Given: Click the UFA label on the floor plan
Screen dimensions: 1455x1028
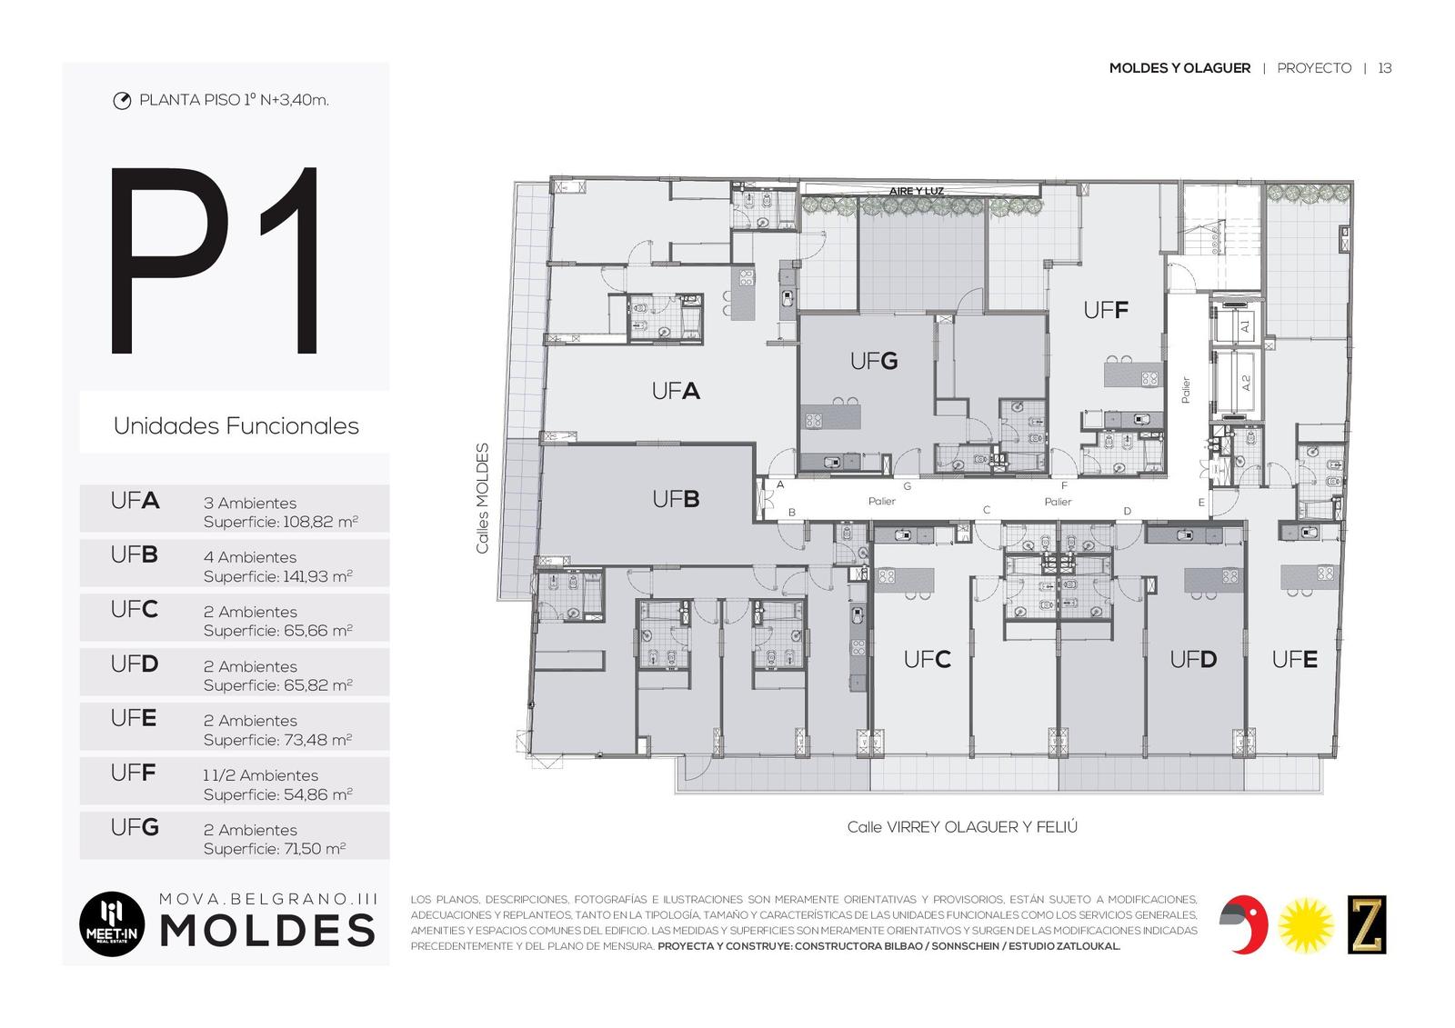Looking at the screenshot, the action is pyautogui.click(x=676, y=391).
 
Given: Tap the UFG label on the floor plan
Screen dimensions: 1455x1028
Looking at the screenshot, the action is pyautogui.click(x=874, y=361).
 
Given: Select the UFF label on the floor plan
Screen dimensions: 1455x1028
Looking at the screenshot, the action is pyautogui.click(x=1106, y=311).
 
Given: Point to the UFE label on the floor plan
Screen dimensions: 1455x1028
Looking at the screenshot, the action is pyautogui.click(x=1295, y=660).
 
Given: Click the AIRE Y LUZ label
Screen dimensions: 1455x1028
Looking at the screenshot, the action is pyautogui.click(x=917, y=191).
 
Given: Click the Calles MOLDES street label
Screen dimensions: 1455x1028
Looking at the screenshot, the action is pyautogui.click(x=482, y=499).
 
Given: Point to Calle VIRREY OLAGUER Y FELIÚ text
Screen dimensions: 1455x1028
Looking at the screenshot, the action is pyautogui.click(x=962, y=827).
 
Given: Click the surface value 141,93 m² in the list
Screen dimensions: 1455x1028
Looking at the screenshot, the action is pyautogui.click(x=317, y=576).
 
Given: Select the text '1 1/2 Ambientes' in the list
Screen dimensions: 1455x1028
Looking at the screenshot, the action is pyautogui.click(x=260, y=775).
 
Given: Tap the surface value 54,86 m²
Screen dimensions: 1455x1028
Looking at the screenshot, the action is pyautogui.click(x=317, y=794).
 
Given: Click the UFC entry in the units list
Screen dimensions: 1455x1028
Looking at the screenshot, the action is pyautogui.click(x=135, y=609).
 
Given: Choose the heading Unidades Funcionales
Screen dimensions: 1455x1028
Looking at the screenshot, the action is pyautogui.click(x=236, y=426).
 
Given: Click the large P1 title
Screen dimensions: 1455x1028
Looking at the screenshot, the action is pyautogui.click(x=216, y=260).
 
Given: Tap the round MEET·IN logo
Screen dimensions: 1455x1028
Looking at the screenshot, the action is pyautogui.click(x=112, y=923).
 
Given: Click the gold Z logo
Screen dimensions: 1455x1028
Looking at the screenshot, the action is pyautogui.click(x=1367, y=924).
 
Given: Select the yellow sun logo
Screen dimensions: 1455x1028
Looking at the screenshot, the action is pyautogui.click(x=1306, y=925).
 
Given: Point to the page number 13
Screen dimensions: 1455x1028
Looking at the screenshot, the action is pyautogui.click(x=1385, y=68).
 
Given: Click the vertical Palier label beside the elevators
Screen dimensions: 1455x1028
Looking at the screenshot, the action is pyautogui.click(x=1186, y=390).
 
